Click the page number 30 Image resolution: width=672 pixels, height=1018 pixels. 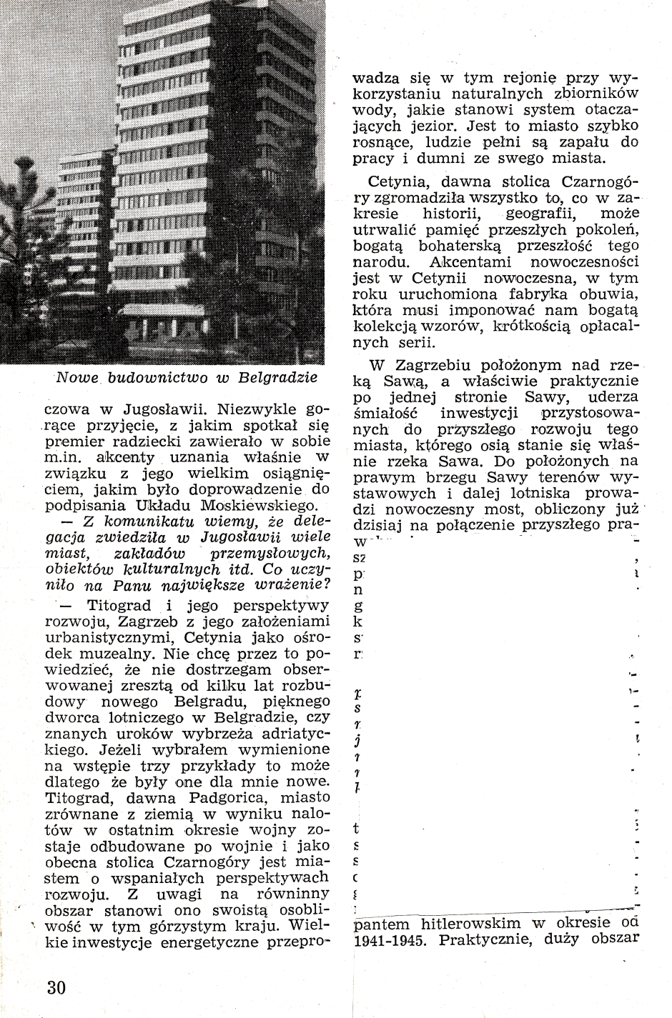pyautogui.click(x=56, y=988)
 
